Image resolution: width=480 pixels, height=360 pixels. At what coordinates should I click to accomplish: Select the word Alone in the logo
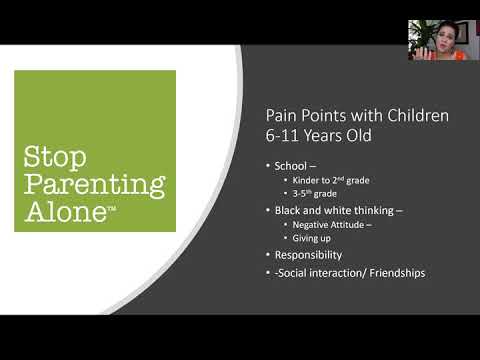pos(61,211)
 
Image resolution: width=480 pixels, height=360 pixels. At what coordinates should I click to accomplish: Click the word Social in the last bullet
pos(301,272)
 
